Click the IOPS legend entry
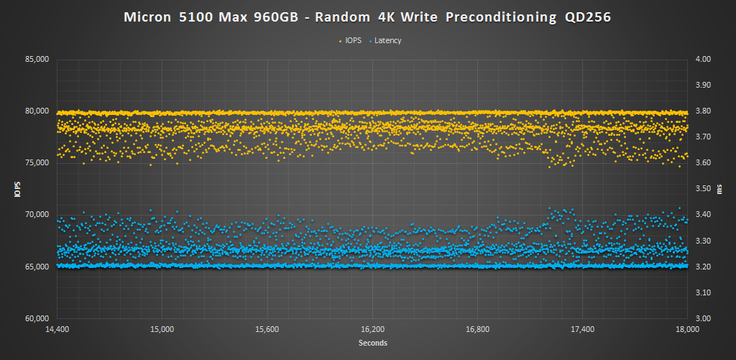[x=351, y=40]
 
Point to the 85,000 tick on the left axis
[x=36, y=59]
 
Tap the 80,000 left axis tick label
[x=36, y=111]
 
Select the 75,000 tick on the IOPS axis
[x=36, y=163]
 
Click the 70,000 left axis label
[x=36, y=215]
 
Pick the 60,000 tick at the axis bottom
[x=36, y=318]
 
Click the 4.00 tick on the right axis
[x=701, y=59]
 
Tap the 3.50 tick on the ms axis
[x=701, y=189]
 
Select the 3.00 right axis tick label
[x=701, y=318]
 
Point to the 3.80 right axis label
[x=701, y=111]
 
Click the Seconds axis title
[x=372, y=343]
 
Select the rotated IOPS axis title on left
[x=16, y=189]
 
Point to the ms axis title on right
[x=723, y=189]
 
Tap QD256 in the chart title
[x=583, y=17]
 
